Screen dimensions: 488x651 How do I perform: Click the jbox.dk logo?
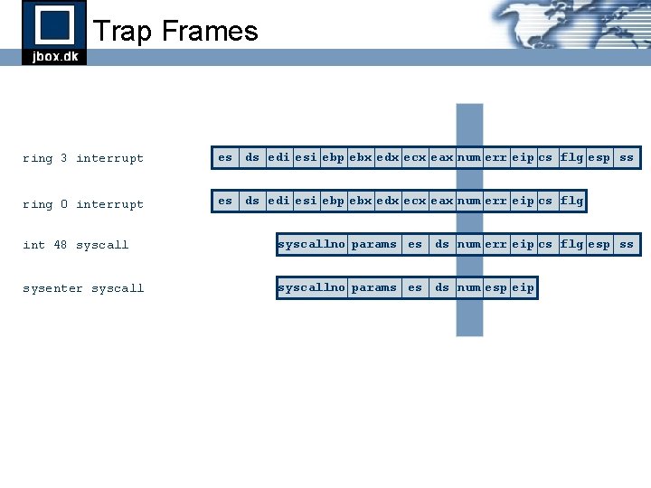click(54, 33)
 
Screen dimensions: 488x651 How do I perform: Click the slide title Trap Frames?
click(175, 32)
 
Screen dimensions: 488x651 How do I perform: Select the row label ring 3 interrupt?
click(83, 158)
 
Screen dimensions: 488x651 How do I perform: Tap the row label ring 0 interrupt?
click(83, 204)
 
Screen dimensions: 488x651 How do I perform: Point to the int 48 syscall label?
click(76, 245)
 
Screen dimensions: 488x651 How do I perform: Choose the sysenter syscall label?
click(83, 288)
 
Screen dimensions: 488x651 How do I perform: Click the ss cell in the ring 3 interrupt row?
click(626, 157)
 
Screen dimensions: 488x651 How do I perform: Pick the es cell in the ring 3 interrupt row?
click(225, 157)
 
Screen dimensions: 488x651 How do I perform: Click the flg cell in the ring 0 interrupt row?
click(571, 201)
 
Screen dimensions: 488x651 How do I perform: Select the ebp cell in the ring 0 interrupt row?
click(334, 201)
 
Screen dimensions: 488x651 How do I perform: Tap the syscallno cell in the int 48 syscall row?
click(311, 244)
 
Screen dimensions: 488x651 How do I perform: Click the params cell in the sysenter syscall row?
click(374, 287)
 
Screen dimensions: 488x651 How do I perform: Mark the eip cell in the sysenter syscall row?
click(523, 287)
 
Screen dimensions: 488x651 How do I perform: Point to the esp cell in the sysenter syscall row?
click(495, 287)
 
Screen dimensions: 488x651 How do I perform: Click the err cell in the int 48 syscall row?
click(495, 244)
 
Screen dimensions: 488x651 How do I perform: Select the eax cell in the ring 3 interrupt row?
click(442, 157)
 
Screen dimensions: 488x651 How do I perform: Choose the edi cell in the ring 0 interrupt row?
click(278, 201)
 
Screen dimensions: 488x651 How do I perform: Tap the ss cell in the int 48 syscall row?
click(626, 244)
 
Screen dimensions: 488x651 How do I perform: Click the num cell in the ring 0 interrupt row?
click(468, 201)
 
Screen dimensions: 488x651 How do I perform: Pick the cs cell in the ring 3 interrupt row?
click(545, 157)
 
